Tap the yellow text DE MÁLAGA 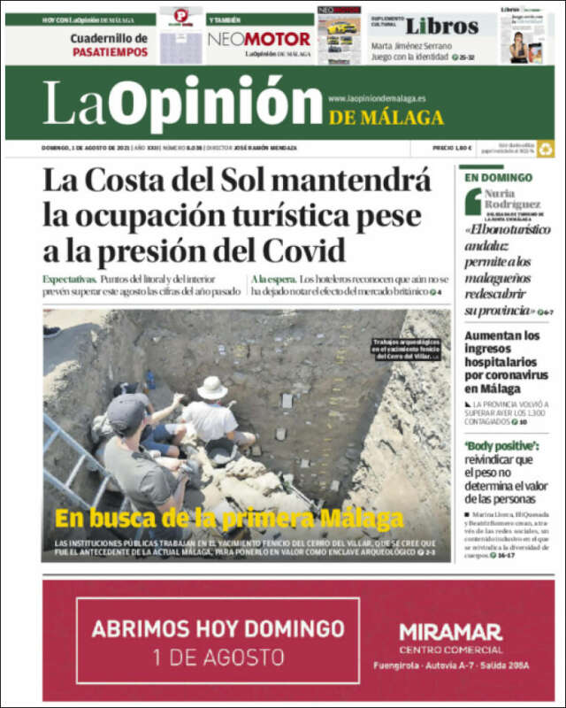pyautogui.click(x=386, y=118)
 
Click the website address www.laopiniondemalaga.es pyautogui.click(x=377, y=98)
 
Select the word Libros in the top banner pyautogui.click(x=441, y=26)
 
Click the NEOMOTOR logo pyautogui.click(x=259, y=39)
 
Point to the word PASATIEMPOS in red pyautogui.click(x=110, y=52)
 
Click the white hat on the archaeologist pyautogui.click(x=212, y=388)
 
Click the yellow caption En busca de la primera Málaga pyautogui.click(x=229, y=519)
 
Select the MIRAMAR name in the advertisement pyautogui.click(x=450, y=632)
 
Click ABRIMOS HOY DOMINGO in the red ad pyautogui.click(x=218, y=629)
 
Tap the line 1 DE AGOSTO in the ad pyautogui.click(x=218, y=658)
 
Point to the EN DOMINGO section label pyautogui.click(x=499, y=178)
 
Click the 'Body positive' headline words pyautogui.click(x=501, y=445)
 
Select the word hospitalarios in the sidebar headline pyautogui.click(x=505, y=363)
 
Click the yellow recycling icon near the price pyautogui.click(x=545, y=150)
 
